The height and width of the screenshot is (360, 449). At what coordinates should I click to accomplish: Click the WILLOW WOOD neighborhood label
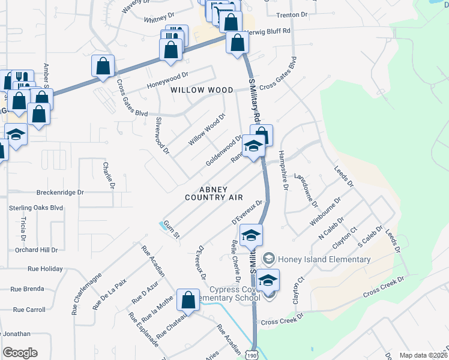pyautogui.click(x=202, y=90)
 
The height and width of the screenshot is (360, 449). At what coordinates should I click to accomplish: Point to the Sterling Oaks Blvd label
pyautogui.click(x=35, y=208)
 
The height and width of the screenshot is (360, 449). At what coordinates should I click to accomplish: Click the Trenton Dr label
pyautogui.click(x=292, y=13)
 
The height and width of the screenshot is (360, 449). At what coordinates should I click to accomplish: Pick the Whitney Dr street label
pyautogui.click(x=159, y=19)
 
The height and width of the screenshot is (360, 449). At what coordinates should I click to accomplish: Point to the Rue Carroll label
pyautogui.click(x=28, y=310)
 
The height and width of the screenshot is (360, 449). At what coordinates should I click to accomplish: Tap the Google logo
pyautogui.click(x=20, y=353)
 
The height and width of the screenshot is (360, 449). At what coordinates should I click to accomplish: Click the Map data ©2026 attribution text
pyautogui.click(x=423, y=355)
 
